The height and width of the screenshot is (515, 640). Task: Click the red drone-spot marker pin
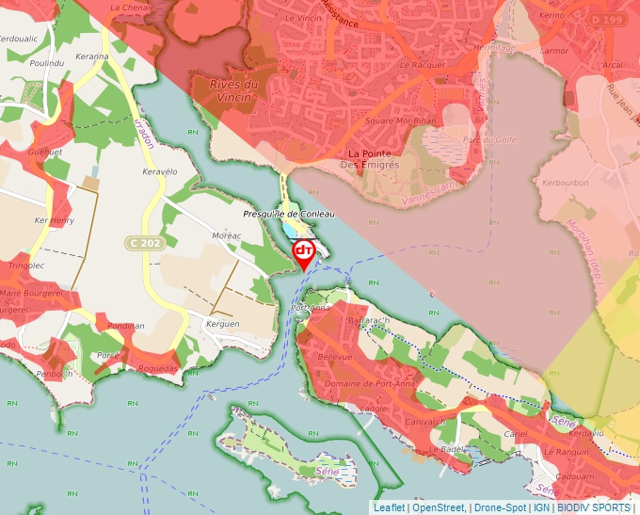(304, 252)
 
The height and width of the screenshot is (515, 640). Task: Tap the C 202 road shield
(144, 244)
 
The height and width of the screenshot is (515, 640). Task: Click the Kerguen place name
(222, 323)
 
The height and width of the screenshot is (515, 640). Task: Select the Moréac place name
(227, 234)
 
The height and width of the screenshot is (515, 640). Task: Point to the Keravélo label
(159, 172)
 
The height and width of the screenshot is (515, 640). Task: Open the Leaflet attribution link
(390, 507)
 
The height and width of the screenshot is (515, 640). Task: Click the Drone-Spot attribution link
(501, 507)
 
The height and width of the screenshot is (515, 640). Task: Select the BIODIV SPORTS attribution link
(594, 507)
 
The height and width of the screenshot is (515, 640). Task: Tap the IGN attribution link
(542, 507)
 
